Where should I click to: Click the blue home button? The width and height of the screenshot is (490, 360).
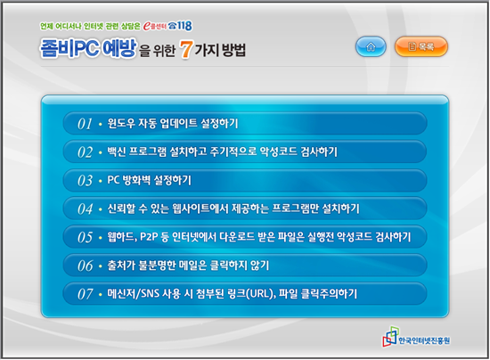point(371,46)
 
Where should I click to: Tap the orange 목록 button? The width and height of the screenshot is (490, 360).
point(421,46)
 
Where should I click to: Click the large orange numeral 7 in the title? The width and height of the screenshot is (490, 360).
point(186,49)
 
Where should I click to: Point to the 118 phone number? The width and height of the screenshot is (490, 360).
point(184,26)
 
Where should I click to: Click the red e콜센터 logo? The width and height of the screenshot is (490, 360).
point(155,26)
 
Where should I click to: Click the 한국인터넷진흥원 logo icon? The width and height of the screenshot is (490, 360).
point(390,337)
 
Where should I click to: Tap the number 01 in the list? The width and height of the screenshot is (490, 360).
point(85,124)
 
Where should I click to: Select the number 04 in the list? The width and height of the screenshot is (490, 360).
point(85,209)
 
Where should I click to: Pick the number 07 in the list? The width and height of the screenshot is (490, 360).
point(85,294)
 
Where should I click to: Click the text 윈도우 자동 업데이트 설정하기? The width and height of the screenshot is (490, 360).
point(173,123)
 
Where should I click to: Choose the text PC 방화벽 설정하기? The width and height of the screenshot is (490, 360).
point(149,180)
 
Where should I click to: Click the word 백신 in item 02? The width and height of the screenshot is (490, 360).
point(117,151)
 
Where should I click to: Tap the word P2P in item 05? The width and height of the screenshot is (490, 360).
point(149,237)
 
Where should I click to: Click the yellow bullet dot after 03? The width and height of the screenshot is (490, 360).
point(101,181)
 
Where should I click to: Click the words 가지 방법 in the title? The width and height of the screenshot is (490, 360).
point(220,50)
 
